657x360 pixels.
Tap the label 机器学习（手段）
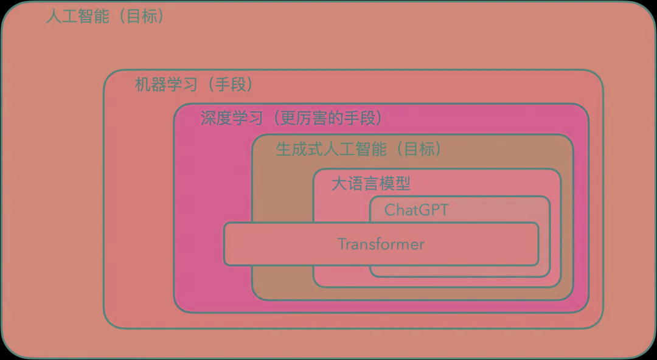193,85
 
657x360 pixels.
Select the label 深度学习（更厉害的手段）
292,117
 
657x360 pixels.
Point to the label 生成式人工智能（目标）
359,148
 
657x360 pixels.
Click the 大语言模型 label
371,183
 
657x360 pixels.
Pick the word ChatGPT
417,210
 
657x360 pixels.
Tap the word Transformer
381,244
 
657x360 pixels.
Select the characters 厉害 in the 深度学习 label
311,117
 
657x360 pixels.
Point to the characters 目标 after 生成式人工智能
420,148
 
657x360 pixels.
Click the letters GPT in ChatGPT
433,210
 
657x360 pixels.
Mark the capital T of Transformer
341,244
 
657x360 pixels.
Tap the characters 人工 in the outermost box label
62,16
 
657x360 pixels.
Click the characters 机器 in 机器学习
151,85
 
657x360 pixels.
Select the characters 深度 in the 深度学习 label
217,117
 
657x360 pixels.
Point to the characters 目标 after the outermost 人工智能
141,16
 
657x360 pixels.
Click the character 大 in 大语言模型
339,183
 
